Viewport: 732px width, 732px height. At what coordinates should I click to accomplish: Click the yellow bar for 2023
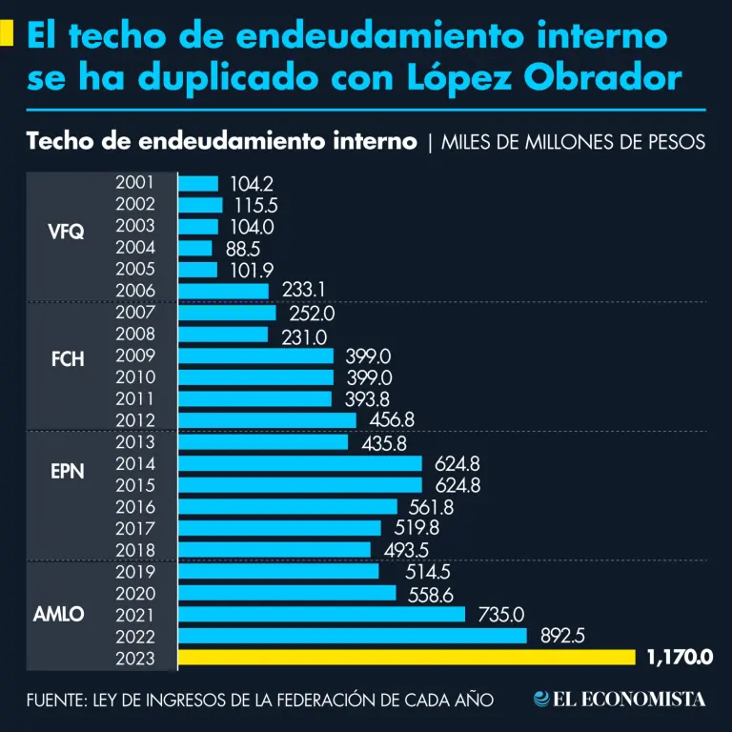point(407,657)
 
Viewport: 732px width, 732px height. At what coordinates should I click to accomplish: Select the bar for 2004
point(195,248)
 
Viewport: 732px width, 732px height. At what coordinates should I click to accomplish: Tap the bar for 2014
point(300,463)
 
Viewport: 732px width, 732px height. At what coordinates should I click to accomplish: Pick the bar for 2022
point(353,636)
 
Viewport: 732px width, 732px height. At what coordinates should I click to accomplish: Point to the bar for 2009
point(255,356)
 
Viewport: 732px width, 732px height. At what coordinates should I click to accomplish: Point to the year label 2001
point(134,183)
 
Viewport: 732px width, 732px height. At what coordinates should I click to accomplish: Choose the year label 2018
point(134,549)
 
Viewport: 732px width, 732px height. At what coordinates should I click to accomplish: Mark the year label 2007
point(134,313)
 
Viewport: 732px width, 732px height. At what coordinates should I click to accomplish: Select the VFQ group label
point(67,231)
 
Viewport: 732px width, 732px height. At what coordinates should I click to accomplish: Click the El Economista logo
point(620,699)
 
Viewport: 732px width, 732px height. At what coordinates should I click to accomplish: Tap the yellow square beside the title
point(7,34)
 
